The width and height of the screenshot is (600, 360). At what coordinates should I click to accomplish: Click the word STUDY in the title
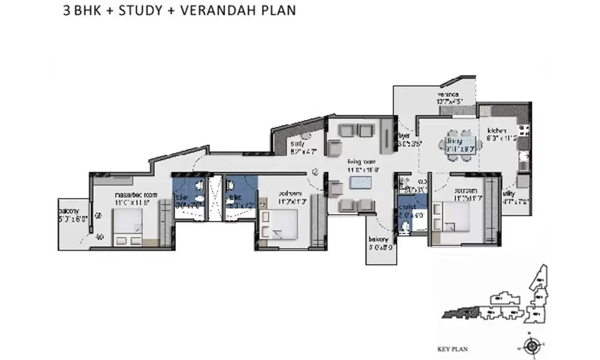pyautogui.click(x=135, y=11)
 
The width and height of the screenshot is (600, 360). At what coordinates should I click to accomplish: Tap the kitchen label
pyautogui.click(x=497, y=130)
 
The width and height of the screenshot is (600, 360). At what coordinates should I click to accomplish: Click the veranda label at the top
pyautogui.click(x=448, y=95)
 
